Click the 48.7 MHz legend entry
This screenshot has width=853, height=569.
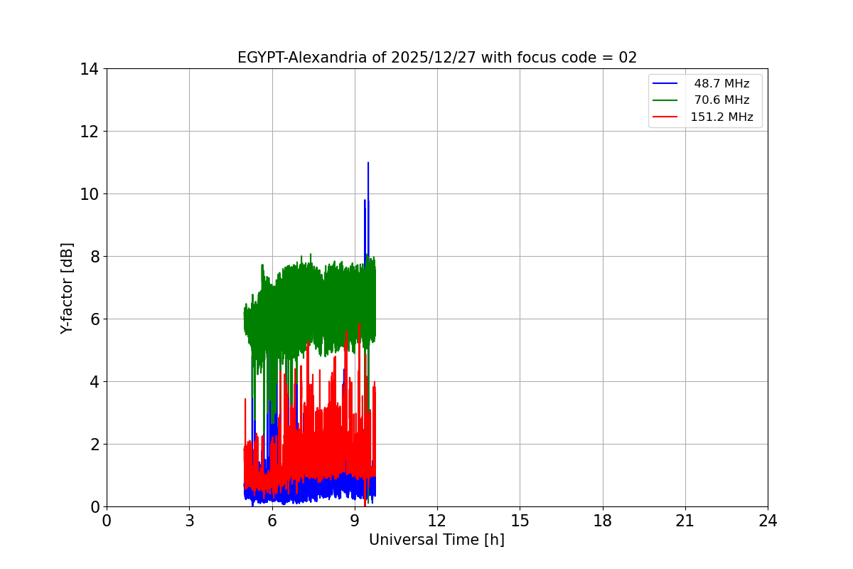pyautogui.click(x=721, y=84)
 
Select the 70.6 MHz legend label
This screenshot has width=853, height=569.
pyautogui.click(x=721, y=100)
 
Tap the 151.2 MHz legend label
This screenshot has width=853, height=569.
pyautogui.click(x=721, y=117)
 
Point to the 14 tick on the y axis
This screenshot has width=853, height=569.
pyautogui.click(x=89, y=69)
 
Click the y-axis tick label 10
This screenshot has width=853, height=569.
pyautogui.click(x=89, y=194)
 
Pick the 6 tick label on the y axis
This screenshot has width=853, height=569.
pyautogui.click(x=93, y=319)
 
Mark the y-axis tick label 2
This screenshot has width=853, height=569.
pyautogui.click(x=93, y=445)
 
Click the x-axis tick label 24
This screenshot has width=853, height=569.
pyautogui.click(x=768, y=521)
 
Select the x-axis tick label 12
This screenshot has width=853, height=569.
pyautogui.click(x=437, y=521)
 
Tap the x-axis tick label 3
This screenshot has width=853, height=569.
pyautogui.click(x=189, y=521)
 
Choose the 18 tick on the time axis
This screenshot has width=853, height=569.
pyautogui.click(x=603, y=521)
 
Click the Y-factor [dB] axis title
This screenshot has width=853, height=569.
pyautogui.click(x=67, y=288)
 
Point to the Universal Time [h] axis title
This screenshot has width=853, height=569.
pyautogui.click(x=436, y=540)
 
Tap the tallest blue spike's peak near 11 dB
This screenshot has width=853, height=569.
pyautogui.click(x=368, y=163)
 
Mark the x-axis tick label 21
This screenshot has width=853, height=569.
pyautogui.click(x=685, y=521)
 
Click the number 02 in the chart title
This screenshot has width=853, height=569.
pyautogui.click(x=628, y=58)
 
